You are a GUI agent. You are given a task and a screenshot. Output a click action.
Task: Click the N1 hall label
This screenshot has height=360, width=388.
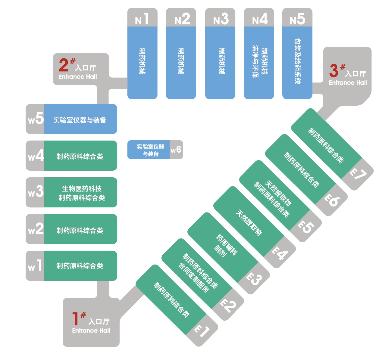(142, 19)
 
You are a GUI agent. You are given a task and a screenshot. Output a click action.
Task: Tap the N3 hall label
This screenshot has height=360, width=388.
(221, 19)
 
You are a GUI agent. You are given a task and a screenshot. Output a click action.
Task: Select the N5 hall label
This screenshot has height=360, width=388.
(297, 19)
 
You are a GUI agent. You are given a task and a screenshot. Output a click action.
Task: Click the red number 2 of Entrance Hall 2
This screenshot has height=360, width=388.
(64, 65)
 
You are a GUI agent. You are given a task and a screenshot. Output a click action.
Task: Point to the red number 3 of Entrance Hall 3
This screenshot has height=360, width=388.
(334, 70)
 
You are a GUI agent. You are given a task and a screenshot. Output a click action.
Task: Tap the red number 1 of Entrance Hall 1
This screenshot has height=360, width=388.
(75, 318)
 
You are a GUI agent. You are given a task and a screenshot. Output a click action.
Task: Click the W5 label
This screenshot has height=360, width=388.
(36, 119)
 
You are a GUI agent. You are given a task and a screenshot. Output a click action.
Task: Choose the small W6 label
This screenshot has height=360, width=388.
(176, 150)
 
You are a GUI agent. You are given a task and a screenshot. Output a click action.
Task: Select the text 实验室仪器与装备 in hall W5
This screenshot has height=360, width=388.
(80, 120)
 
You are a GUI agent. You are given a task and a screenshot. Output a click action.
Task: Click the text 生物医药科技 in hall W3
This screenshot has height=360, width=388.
(82, 189)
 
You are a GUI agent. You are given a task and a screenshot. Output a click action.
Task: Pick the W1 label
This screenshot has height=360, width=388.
(35, 266)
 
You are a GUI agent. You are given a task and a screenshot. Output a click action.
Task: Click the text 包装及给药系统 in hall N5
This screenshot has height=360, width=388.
(297, 62)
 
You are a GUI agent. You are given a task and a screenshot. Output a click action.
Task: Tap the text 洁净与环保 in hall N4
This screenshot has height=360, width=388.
(255, 62)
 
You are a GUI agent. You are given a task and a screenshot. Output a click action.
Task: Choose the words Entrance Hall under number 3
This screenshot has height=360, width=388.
(348, 83)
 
